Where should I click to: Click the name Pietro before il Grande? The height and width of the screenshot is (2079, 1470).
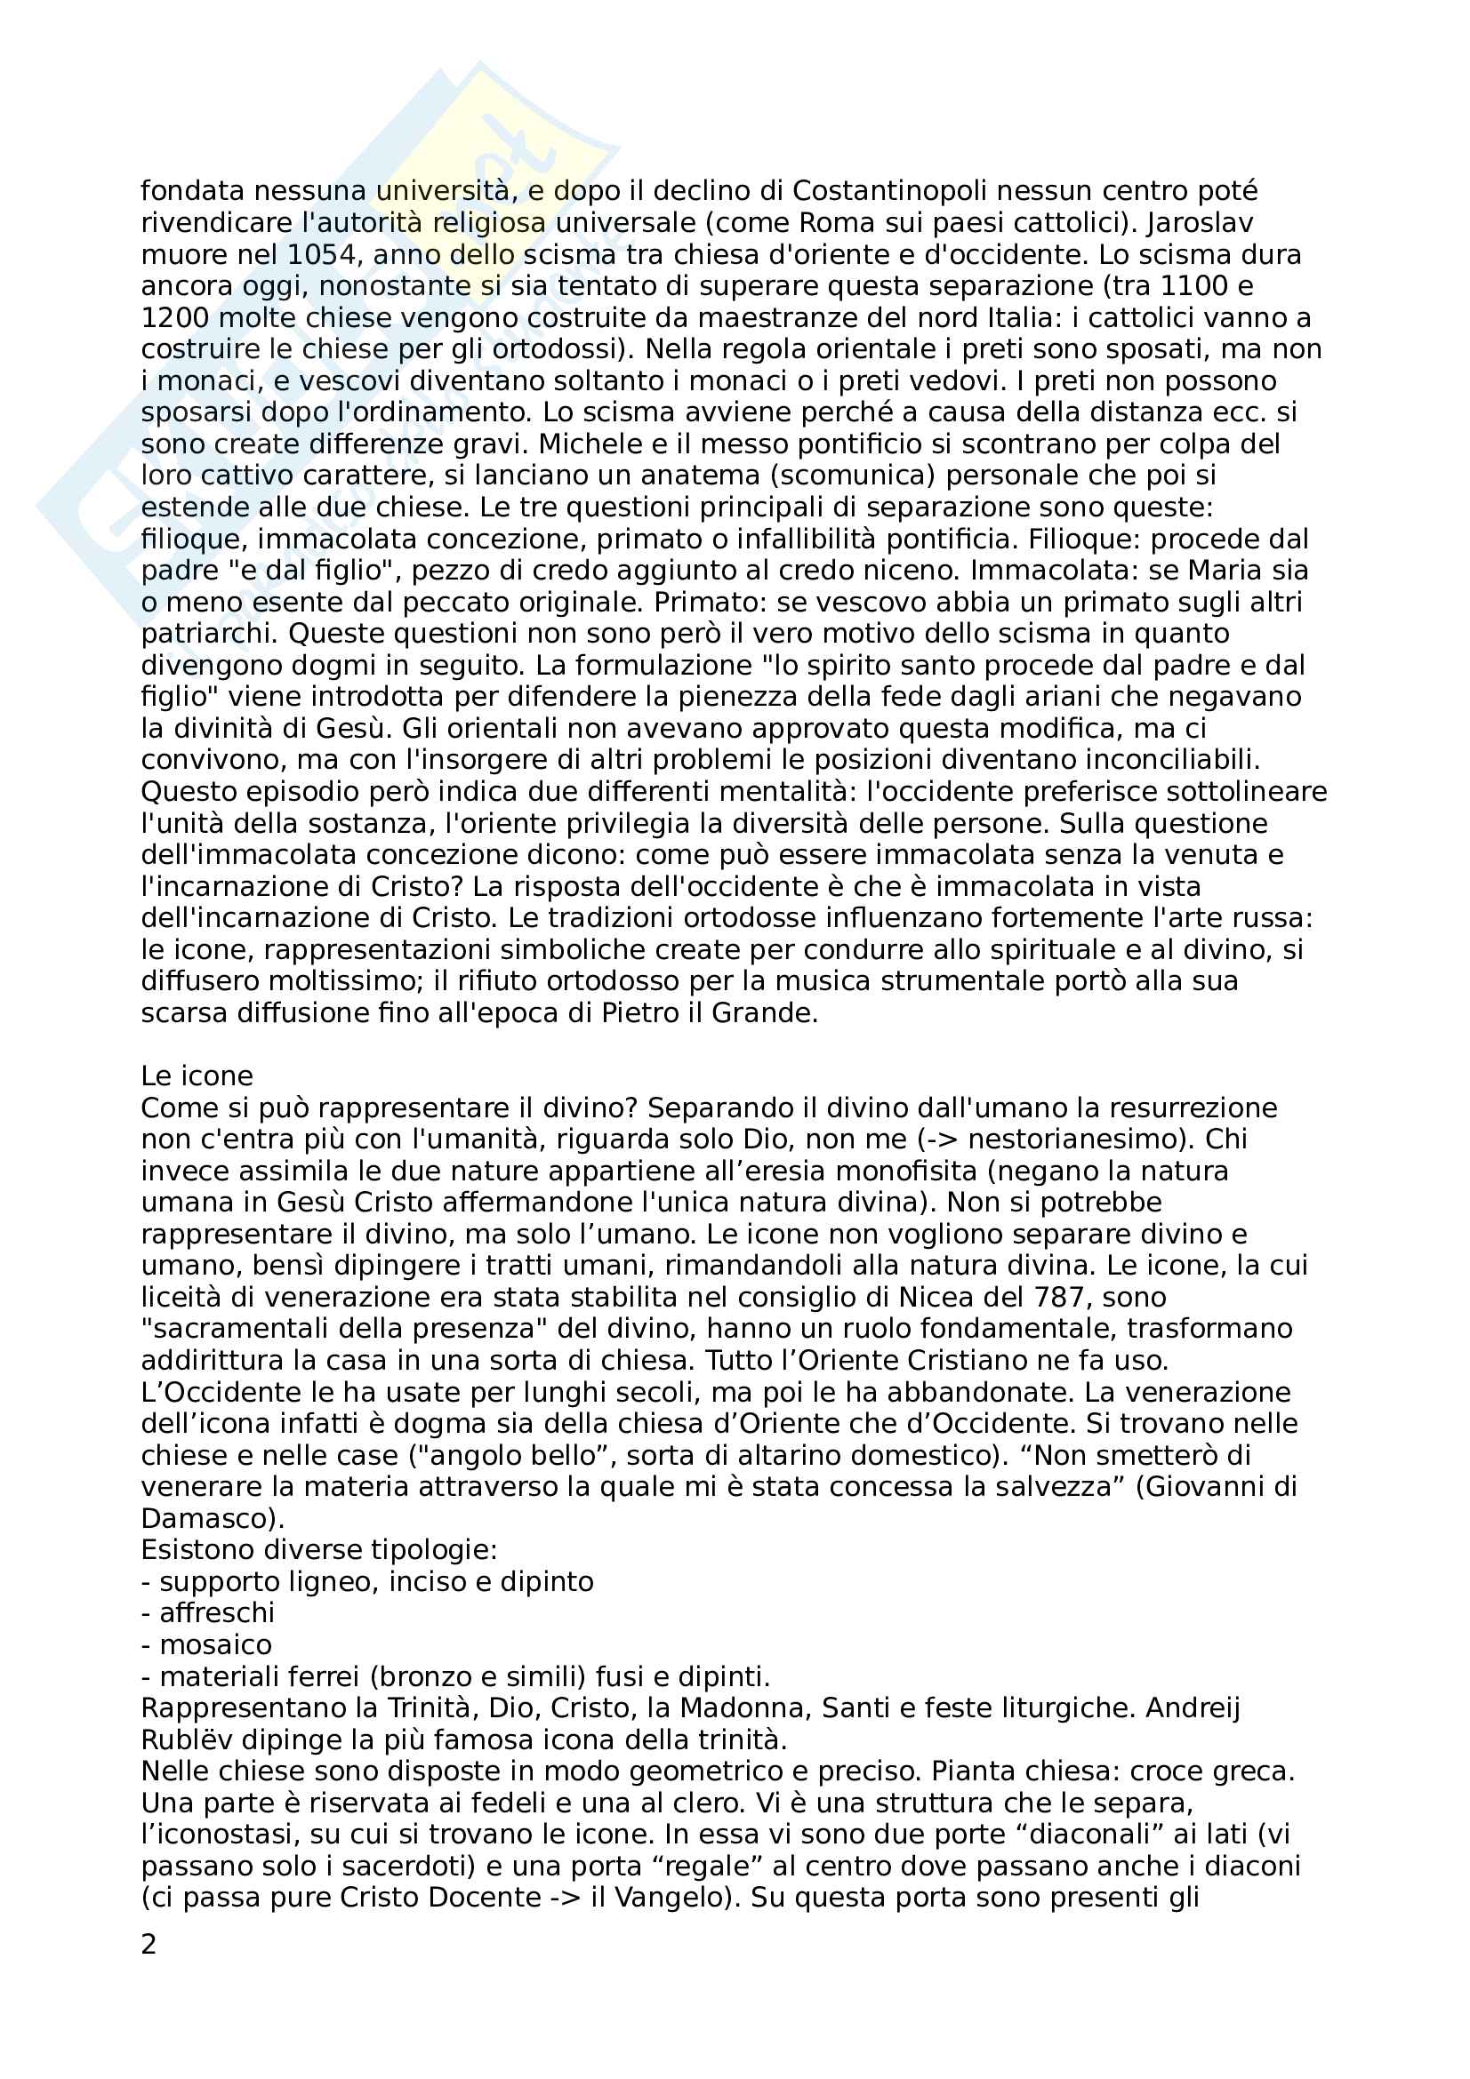640,1012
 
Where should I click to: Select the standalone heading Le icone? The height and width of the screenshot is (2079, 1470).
197,1075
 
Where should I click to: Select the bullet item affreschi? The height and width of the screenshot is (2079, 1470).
216,1612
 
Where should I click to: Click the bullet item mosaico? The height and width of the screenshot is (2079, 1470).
215,1644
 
